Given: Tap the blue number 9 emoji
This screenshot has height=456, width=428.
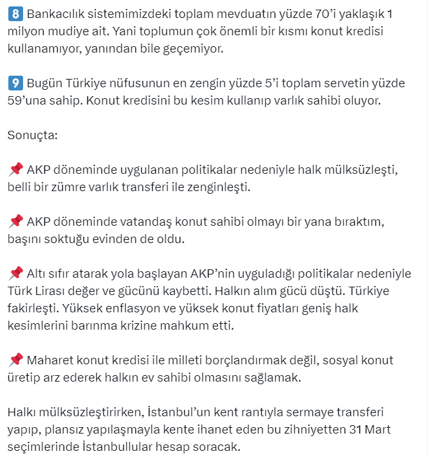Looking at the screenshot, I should tap(15, 84).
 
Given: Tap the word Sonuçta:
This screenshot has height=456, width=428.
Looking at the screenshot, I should tap(32, 135).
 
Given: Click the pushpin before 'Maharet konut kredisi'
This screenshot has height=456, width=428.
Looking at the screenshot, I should tap(15, 359).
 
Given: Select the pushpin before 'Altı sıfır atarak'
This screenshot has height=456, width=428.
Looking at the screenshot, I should tap(15, 273).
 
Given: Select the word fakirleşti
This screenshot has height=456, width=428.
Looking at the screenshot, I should tap(35, 308).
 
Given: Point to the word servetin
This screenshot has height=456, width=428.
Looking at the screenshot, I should tap(355, 84).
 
